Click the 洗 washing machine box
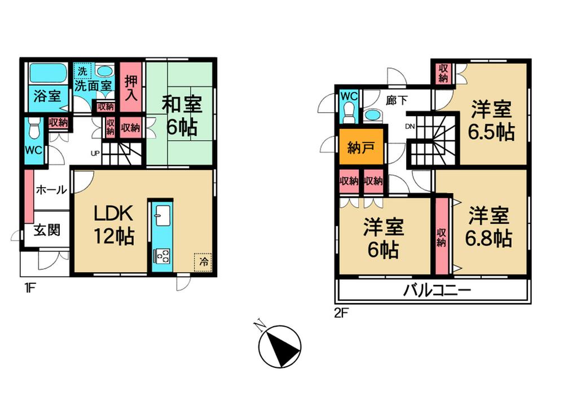[x=82, y=72]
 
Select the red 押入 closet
[x=130, y=87]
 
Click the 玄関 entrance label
[x=46, y=231]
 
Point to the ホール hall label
[x=51, y=190]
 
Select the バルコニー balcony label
[x=437, y=291]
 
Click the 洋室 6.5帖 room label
[x=491, y=120]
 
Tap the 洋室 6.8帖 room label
[x=488, y=226]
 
